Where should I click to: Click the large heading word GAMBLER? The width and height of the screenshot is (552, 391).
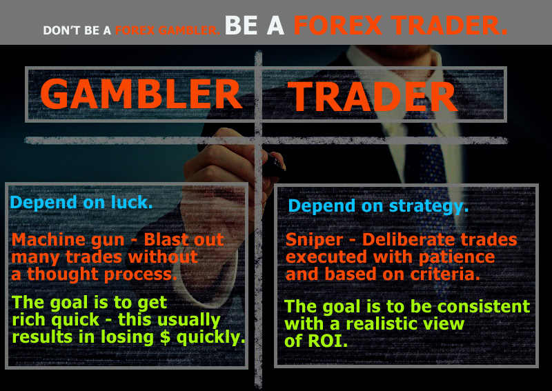click(x=141, y=94)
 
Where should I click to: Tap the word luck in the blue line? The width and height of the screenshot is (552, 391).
click(x=132, y=202)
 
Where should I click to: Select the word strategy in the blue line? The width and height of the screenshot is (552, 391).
click(x=428, y=206)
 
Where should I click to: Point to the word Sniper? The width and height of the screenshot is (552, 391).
click(x=314, y=241)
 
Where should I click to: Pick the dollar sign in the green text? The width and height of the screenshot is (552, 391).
click(x=165, y=337)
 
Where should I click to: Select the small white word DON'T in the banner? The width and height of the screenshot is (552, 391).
click(x=62, y=30)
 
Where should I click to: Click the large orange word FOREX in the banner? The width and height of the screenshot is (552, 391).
click(x=337, y=26)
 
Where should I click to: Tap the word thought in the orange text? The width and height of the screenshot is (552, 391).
click(x=63, y=274)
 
